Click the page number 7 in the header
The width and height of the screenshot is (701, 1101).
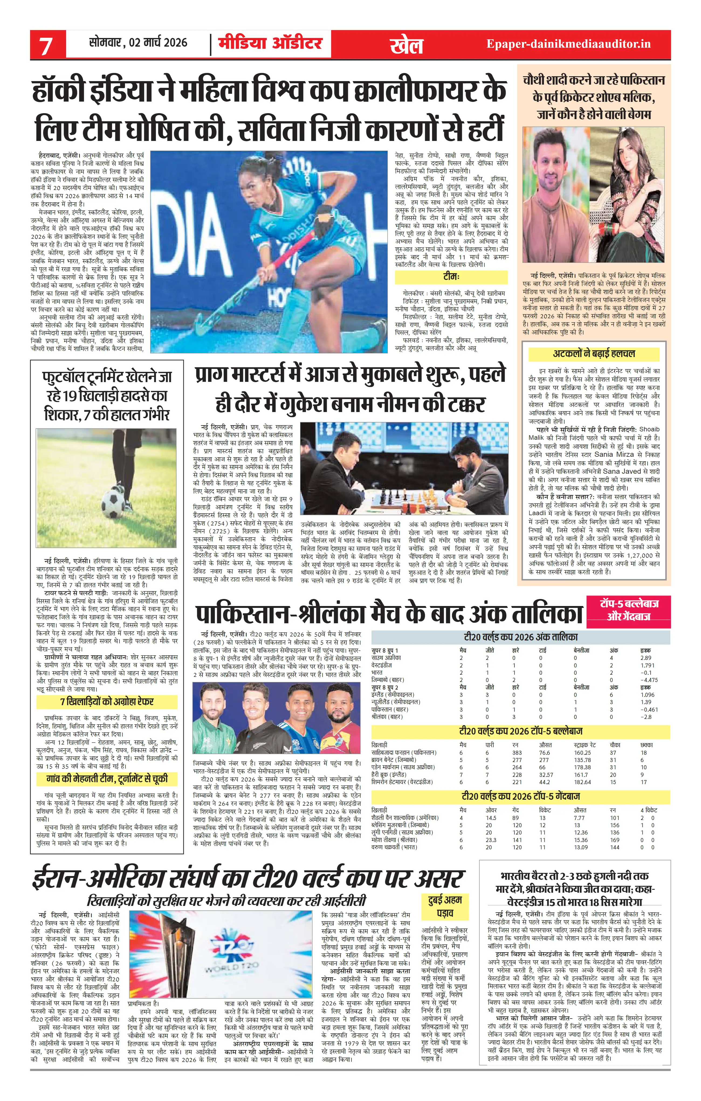[46, 45]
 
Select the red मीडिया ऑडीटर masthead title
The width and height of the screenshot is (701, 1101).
[270, 43]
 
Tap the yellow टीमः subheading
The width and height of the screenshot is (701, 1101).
[451, 277]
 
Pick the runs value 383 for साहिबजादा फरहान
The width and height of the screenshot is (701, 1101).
[517, 753]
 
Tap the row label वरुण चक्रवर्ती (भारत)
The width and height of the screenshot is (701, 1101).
[394, 847]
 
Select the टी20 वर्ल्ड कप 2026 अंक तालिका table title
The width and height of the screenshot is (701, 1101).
[520, 637]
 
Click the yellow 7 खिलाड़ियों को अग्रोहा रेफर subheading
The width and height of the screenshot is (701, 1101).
[106, 701]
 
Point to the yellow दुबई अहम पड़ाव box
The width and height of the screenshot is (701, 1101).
[445, 906]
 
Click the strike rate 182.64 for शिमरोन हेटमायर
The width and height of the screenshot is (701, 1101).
[582, 782]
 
